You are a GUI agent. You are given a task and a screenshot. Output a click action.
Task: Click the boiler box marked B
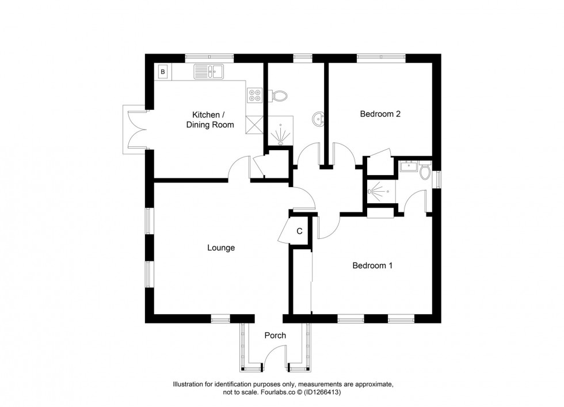pyautogui.click(x=163, y=72)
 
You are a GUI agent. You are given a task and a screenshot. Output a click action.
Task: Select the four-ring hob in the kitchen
pyautogui.click(x=254, y=96)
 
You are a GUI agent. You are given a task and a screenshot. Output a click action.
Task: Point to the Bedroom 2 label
pyautogui.click(x=380, y=114)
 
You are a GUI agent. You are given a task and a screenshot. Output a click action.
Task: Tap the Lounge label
pyautogui.click(x=221, y=248)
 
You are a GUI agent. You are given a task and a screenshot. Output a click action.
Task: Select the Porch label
pyautogui.click(x=275, y=336)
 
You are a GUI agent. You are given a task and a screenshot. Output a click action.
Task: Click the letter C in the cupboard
pyautogui.click(x=299, y=231)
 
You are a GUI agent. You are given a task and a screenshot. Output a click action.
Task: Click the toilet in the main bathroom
pyautogui.click(x=280, y=96)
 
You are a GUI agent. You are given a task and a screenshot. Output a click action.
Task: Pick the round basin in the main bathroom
pyautogui.click(x=317, y=119)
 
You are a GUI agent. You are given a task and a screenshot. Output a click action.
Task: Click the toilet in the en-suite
pyautogui.click(x=425, y=170)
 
